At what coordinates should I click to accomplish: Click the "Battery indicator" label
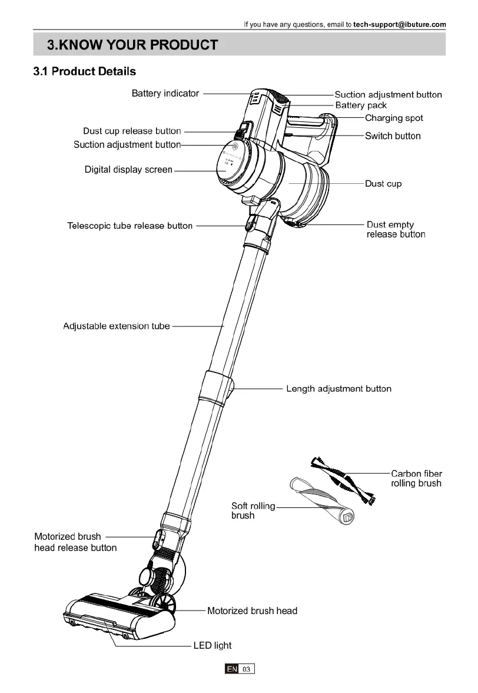pos(165,94)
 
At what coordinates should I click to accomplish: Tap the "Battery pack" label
pos(361,105)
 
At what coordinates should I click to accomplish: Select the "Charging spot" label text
pos(394,118)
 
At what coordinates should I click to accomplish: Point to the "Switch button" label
pos(393,136)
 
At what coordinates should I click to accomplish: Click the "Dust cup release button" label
pos(132,131)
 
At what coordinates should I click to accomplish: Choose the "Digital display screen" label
pos(128,170)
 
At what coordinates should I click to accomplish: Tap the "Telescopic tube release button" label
pos(130,226)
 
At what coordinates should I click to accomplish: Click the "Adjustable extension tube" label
pos(116,326)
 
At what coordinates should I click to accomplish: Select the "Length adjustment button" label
pos(338,389)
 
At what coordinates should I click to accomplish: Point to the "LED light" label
pos(213,646)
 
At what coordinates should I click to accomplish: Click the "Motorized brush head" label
pos(252,611)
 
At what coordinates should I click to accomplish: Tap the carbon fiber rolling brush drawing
pos(344,478)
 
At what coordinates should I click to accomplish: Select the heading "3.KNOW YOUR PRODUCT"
pos(132,45)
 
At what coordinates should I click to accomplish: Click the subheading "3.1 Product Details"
pos(85,72)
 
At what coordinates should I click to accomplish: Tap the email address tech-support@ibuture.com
pos(400,25)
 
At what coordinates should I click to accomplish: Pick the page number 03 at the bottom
pos(247,669)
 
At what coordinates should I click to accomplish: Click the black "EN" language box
pos(232,669)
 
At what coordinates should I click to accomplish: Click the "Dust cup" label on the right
pos(383,184)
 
